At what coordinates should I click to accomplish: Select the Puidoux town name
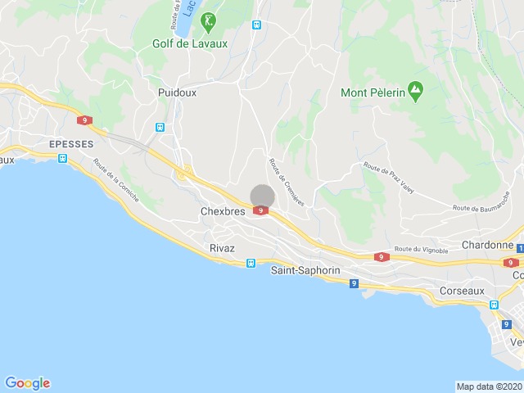coord(178,93)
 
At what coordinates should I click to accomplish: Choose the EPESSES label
coord(71,143)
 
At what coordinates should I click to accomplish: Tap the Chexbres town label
coord(224,211)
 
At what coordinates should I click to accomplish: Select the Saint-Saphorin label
coord(305,269)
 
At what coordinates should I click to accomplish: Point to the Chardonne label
coord(487,245)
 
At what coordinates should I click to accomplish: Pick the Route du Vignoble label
coord(421,250)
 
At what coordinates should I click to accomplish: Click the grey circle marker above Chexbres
coord(262,196)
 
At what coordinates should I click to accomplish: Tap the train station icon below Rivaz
coord(251,264)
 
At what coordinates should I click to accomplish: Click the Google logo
coord(27,383)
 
